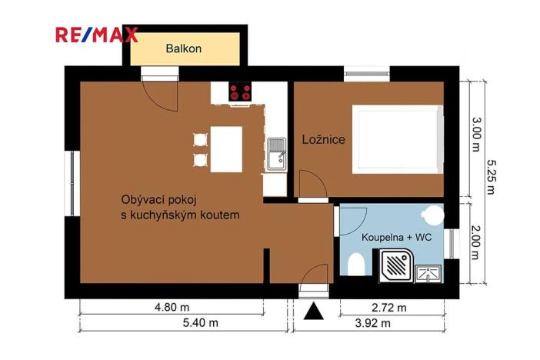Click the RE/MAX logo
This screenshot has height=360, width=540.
click(96, 35)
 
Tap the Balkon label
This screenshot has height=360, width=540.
click(184, 48)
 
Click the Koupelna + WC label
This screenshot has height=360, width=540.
click(397, 238)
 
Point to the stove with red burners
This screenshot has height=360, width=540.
click(240, 93)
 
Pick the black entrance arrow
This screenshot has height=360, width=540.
click(313, 312)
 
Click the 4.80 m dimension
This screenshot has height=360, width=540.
click(172, 308)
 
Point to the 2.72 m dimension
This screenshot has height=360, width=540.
click(389, 308)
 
